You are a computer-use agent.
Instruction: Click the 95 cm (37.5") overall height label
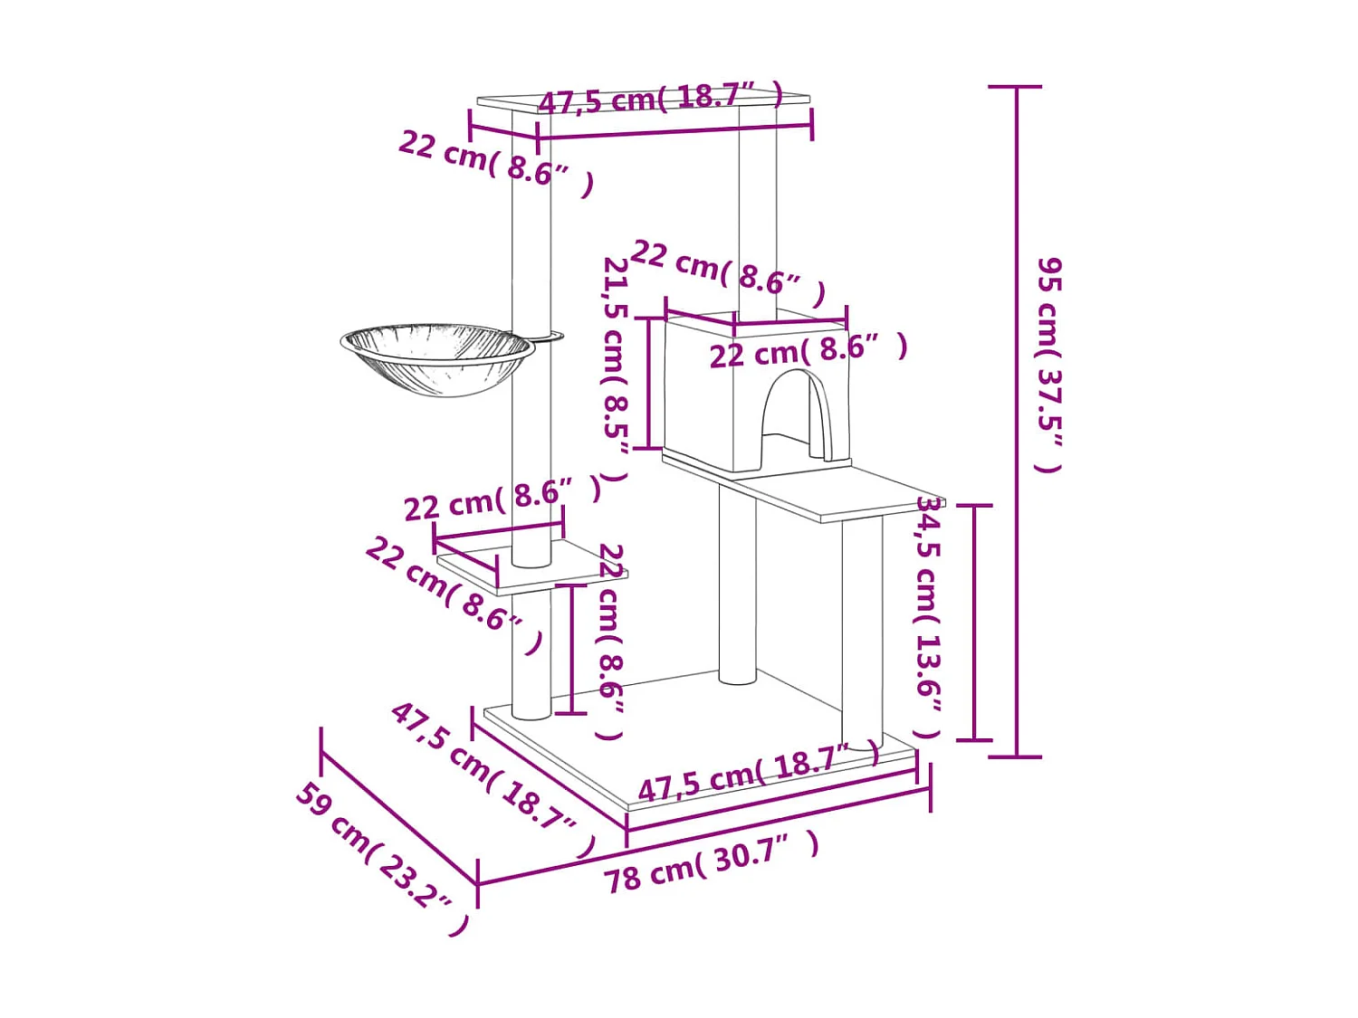click(1049, 366)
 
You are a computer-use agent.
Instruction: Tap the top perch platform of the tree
click(644, 103)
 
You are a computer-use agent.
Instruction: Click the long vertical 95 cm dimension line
click(1015, 421)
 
